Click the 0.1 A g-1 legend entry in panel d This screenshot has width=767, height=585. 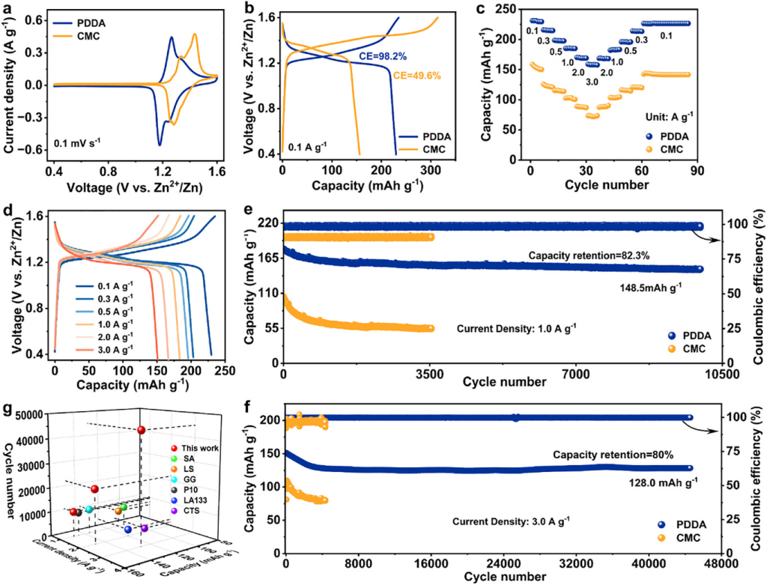(x=109, y=285)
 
